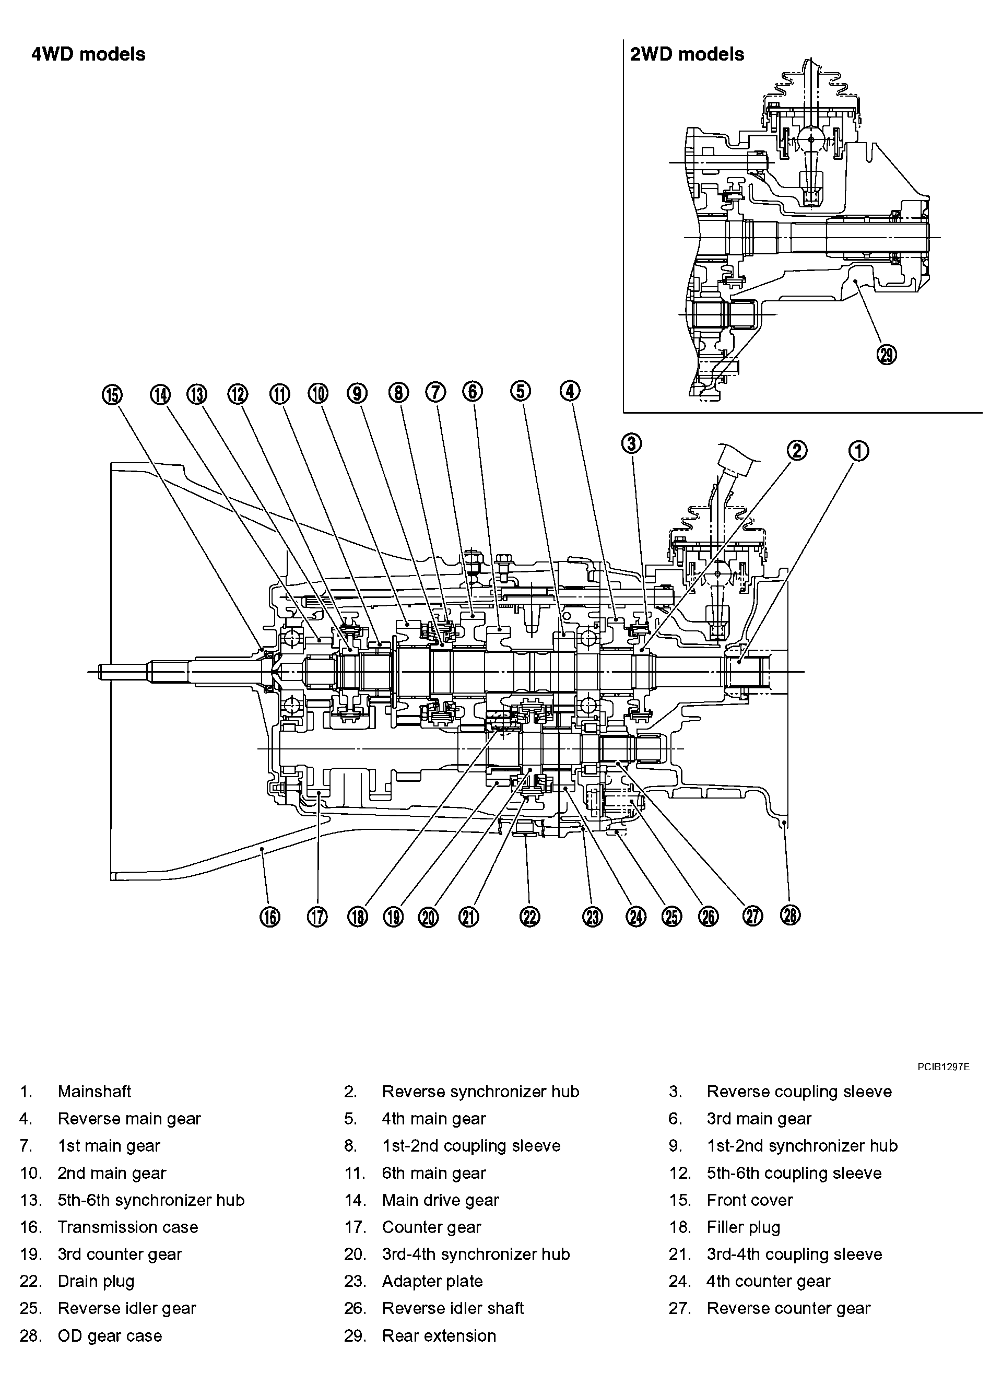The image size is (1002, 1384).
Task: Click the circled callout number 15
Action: [112, 395]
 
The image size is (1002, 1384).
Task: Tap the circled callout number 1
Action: [858, 452]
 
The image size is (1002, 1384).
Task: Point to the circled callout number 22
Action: [531, 917]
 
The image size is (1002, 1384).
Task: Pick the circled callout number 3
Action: [632, 443]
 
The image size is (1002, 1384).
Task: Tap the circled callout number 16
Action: [270, 917]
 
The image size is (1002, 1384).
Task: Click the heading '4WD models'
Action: [88, 54]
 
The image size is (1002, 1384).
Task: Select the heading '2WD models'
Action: [687, 54]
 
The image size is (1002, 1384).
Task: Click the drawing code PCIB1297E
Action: [943, 1068]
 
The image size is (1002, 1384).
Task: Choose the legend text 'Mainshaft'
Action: [94, 1091]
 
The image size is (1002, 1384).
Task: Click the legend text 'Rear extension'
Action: [439, 1335]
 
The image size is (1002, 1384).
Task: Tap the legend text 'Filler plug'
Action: [743, 1227]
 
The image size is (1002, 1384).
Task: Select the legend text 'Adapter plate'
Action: [432, 1281]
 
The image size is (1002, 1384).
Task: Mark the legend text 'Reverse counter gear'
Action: [788, 1308]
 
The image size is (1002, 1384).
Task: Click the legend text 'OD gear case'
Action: [110, 1335]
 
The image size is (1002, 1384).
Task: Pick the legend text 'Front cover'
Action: [749, 1200]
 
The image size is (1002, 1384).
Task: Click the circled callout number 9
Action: [357, 394]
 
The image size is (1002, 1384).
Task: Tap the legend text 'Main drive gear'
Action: [440, 1200]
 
